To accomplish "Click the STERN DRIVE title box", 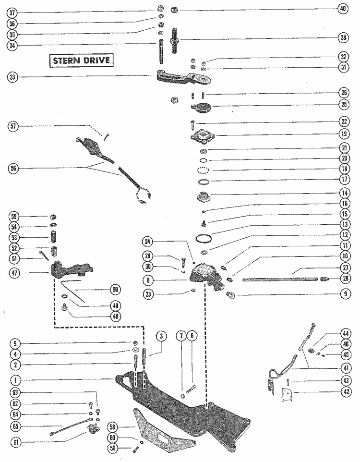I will (81, 61).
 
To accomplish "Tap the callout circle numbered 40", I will (342, 9).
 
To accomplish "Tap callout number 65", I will (14, 426).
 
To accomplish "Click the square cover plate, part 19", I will (201, 135).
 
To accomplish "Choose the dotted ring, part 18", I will (203, 170).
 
